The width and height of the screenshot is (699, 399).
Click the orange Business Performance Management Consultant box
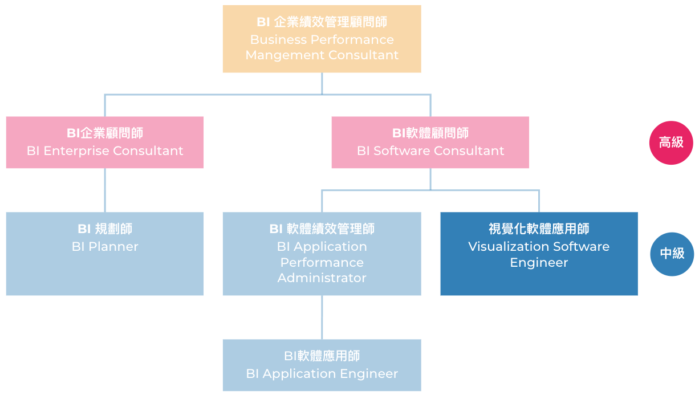pos(322,39)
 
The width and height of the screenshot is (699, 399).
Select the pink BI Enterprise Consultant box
pos(105,142)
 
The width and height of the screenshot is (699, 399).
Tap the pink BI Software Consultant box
pos(430,142)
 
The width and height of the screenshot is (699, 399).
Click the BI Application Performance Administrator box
pos(322,254)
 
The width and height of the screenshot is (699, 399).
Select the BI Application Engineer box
pos(322,365)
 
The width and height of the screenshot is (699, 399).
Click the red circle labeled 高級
pos(671,142)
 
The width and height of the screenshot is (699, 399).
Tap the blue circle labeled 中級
pos(672,254)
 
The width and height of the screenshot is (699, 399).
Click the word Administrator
pos(322,278)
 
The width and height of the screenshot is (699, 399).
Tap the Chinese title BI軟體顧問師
pos(430,133)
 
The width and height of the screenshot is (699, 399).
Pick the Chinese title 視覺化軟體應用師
pos(539,229)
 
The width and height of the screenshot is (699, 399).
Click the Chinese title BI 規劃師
pos(105,229)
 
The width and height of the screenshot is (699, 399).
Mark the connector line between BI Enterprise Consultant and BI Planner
pos(105,190)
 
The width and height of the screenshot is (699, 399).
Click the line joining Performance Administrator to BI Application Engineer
pos(322,317)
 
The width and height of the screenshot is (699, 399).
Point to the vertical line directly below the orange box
pos(322,83)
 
